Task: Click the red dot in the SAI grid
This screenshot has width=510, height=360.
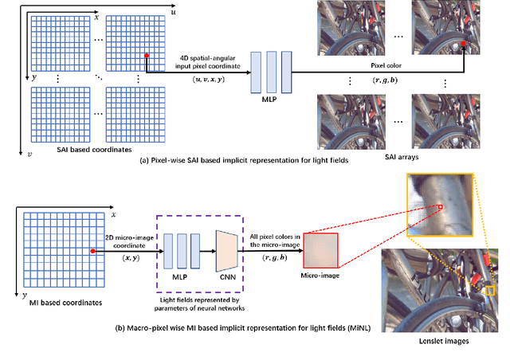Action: [147, 56]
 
